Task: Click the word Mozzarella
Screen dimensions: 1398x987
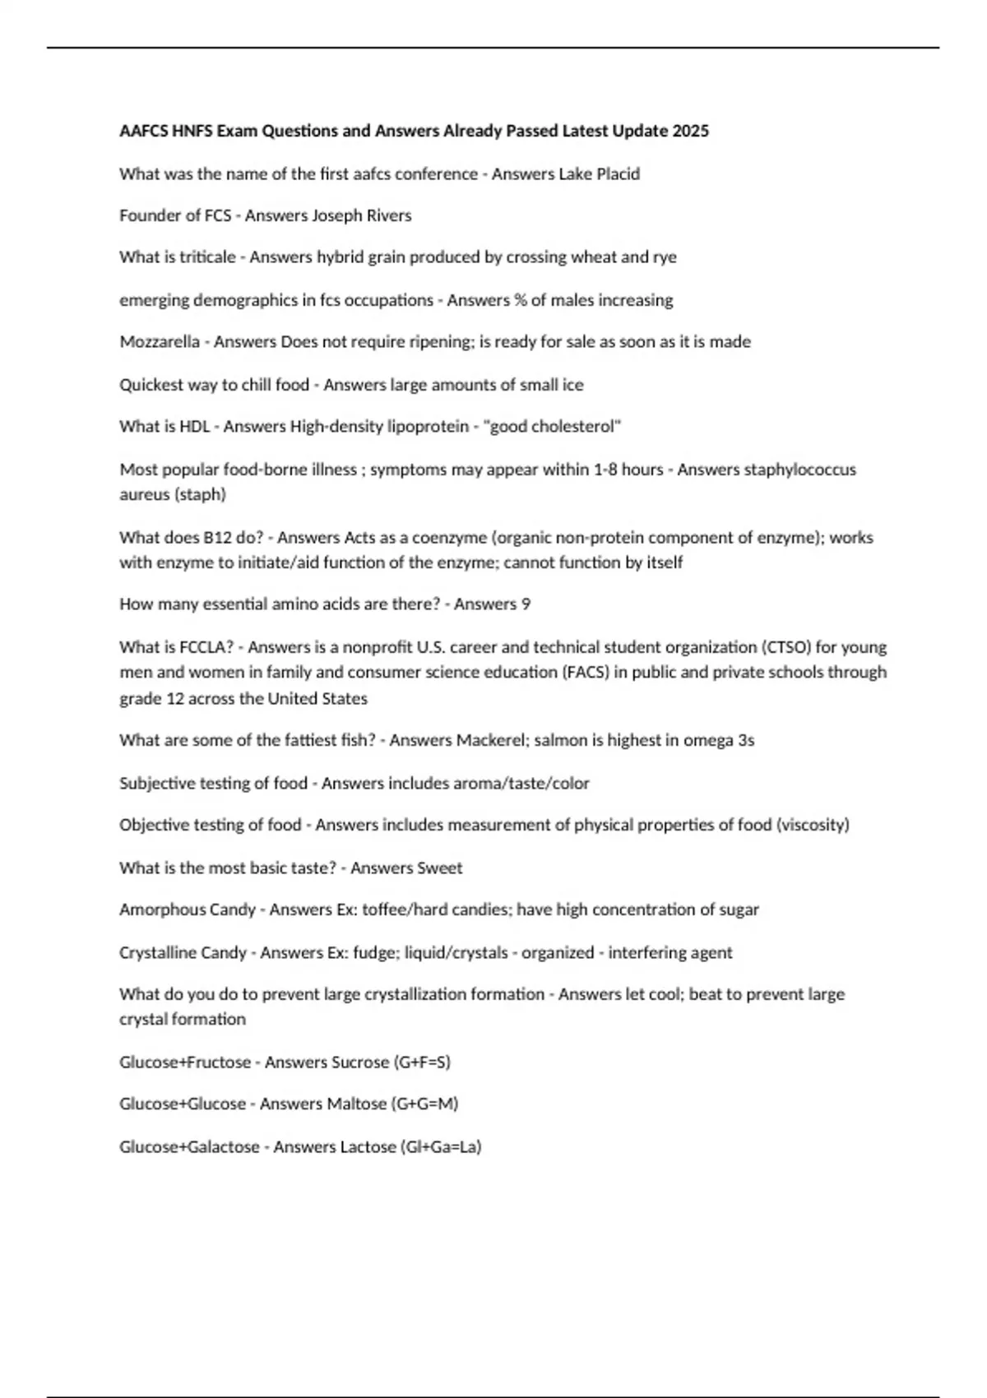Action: (x=160, y=341)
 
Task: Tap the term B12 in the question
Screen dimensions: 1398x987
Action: (x=213, y=537)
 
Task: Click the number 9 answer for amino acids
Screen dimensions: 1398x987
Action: (x=526, y=604)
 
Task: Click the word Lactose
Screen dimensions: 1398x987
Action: (x=368, y=1146)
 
